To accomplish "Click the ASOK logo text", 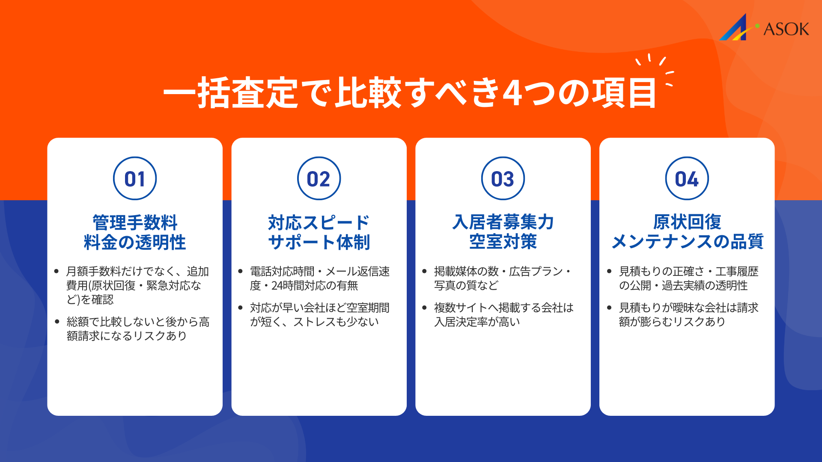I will click(x=786, y=29).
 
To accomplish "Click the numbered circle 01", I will click(x=135, y=178).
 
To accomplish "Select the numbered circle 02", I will click(x=319, y=178).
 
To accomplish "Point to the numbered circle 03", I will click(x=503, y=178).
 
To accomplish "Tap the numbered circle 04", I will click(x=687, y=178).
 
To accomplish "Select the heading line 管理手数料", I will click(x=135, y=222).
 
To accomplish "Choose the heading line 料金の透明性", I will click(x=135, y=242).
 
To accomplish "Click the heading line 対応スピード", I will click(x=319, y=222).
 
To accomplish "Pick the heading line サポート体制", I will click(x=319, y=242).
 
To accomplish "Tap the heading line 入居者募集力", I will click(x=503, y=222).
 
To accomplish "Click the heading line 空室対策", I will click(x=503, y=242).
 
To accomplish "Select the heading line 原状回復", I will click(x=687, y=222).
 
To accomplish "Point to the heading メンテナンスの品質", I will click(x=687, y=242).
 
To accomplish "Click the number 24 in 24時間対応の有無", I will click(x=277, y=286).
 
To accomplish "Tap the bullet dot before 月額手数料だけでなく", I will click(x=57, y=271).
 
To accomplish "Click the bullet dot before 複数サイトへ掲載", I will click(x=424, y=308).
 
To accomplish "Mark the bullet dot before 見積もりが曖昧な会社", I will click(x=609, y=308).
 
